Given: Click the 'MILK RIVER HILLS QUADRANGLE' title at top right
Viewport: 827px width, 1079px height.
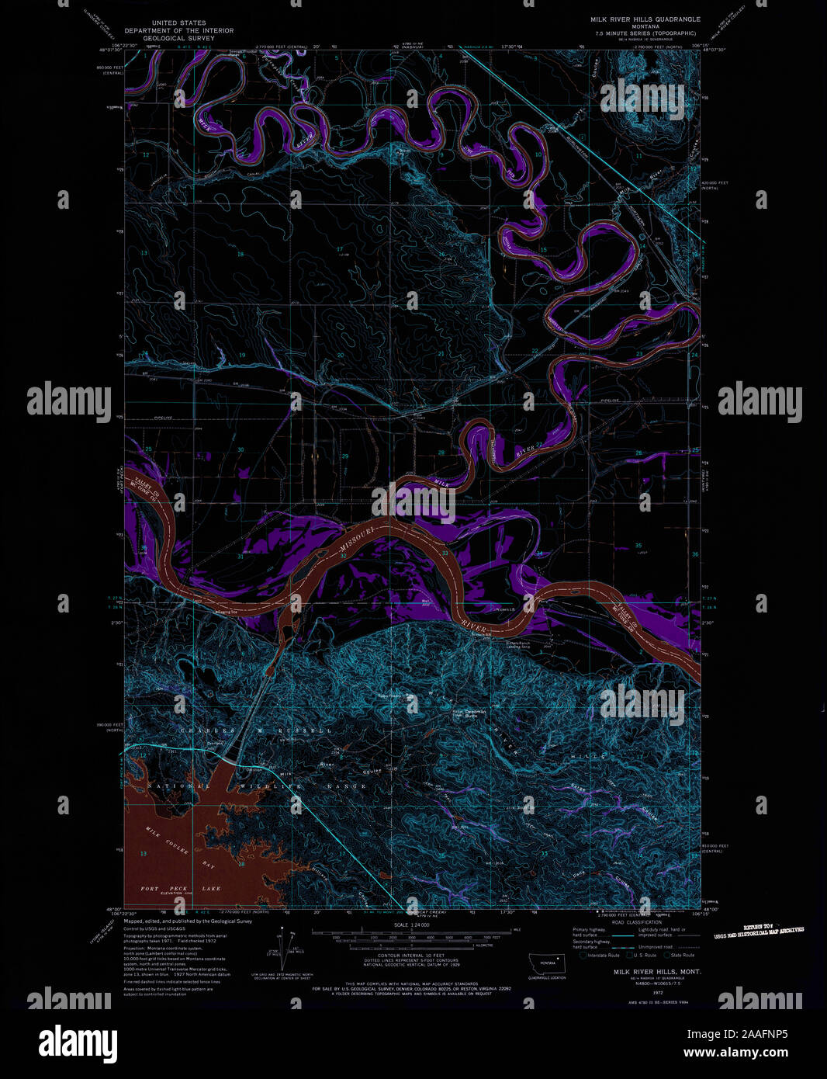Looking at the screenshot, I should (x=645, y=19).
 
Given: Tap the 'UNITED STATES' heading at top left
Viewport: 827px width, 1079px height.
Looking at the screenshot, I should (x=179, y=23).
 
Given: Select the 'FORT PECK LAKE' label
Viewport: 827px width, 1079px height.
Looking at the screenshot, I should (x=180, y=888).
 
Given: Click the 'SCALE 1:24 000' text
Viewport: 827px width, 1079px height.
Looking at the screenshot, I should (x=411, y=925).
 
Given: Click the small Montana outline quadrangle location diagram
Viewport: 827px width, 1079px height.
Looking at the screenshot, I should (x=548, y=965).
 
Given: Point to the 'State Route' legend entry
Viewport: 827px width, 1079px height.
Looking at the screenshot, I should (x=682, y=955).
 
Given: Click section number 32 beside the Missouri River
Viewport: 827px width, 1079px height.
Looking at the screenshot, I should (x=343, y=556).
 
